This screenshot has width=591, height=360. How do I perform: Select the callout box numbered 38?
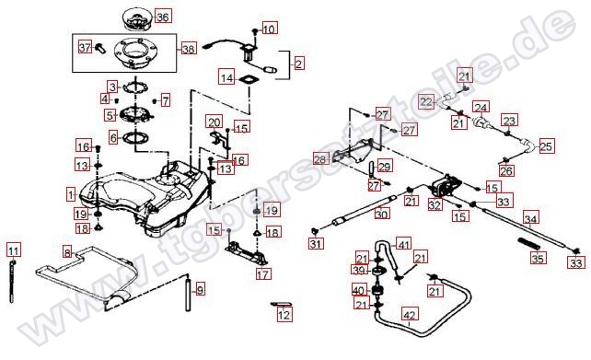pos(188,48)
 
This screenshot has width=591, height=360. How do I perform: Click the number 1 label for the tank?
pos(71,194)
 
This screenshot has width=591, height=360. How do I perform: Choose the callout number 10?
pos(269,29)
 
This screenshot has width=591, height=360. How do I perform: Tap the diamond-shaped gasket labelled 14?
pos(248,81)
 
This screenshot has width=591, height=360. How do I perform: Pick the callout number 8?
pos(67,251)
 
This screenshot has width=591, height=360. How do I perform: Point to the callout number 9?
pos(200,289)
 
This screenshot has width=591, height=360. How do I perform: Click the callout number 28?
pos(320,159)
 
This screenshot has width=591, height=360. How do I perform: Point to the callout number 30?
pos(382,214)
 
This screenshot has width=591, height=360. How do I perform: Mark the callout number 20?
pos(213,122)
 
